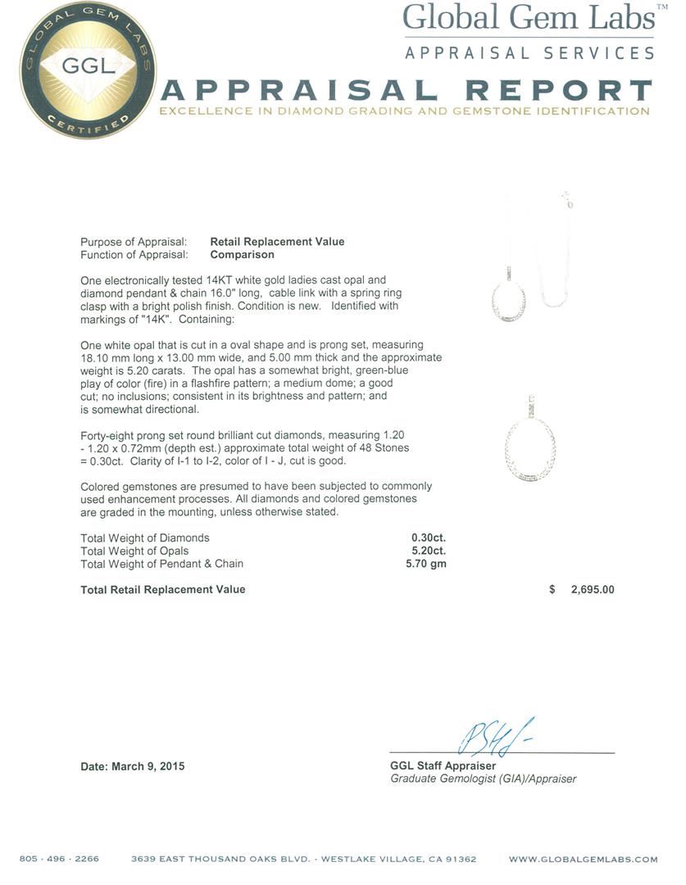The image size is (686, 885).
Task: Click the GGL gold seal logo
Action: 88,70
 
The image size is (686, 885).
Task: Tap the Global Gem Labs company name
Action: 529,18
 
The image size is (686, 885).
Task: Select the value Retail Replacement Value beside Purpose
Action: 277,242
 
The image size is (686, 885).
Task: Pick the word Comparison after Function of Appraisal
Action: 242,255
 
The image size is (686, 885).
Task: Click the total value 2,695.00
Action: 592,589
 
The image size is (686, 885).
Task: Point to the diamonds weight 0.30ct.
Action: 429,538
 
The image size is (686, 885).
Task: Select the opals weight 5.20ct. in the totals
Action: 429,551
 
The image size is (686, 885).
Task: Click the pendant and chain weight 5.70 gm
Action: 426,564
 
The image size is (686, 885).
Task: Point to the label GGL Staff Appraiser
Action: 443,766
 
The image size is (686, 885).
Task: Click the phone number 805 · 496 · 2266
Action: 59,859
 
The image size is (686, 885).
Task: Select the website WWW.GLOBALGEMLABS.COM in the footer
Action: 583,859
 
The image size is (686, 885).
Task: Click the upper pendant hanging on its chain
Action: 509,299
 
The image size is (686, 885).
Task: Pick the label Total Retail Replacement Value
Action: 162,589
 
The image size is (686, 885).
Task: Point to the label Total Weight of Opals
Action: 134,551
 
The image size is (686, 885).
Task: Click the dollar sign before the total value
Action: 552,589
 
